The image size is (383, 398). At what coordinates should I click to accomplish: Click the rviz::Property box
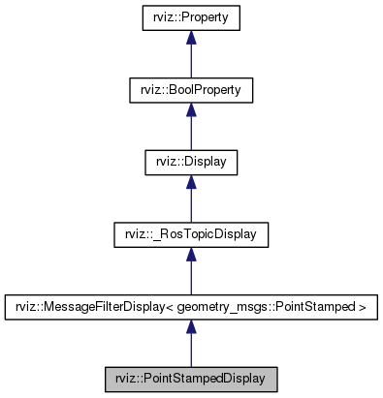[x=191, y=17]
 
